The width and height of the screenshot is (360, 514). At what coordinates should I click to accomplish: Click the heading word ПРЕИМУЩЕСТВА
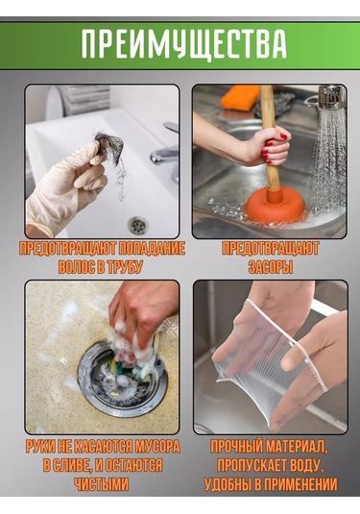[182, 44]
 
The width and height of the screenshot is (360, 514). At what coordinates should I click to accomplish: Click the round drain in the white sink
[137, 225]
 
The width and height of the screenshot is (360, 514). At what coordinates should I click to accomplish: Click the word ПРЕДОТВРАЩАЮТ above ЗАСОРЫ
[270, 249]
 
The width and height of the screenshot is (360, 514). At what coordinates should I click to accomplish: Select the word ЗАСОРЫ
[270, 267]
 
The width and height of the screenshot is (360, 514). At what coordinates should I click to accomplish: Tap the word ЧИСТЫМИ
[101, 484]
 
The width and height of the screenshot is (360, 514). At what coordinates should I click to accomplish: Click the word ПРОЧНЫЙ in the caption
[236, 448]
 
